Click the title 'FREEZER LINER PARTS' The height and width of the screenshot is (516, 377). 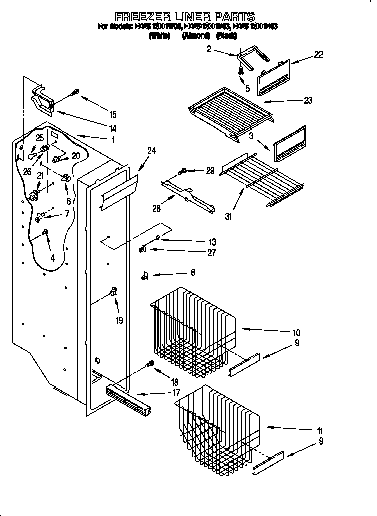coord(185,16)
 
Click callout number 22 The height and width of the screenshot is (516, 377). coord(318,55)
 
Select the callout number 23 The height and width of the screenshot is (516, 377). coord(307,100)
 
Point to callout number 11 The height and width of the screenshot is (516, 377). coord(320,431)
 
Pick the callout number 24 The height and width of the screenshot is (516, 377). coord(152,150)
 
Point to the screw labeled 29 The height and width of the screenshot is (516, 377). coord(183,171)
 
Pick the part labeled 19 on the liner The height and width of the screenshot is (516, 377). coord(113,292)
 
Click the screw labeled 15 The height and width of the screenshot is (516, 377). coord(76,92)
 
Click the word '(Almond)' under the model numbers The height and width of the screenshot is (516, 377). coord(193,36)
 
